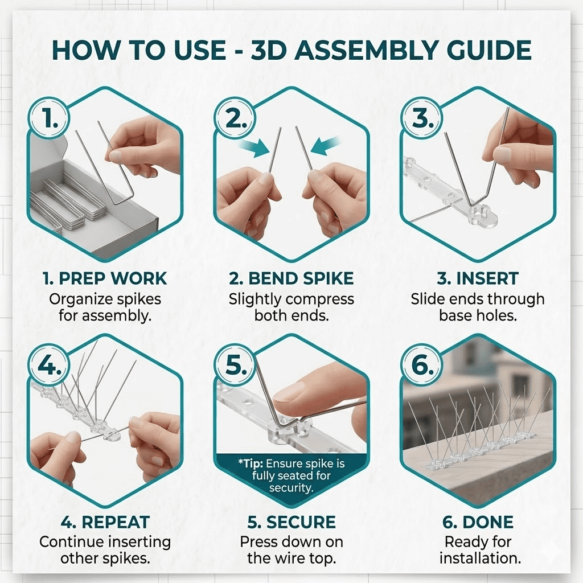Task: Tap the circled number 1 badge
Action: tap(49, 118)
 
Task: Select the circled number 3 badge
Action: tap(422, 118)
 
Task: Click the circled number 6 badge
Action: tap(422, 365)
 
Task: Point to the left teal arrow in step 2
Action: tap(254, 148)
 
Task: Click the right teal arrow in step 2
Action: tap(325, 145)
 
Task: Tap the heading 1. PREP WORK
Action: tap(105, 278)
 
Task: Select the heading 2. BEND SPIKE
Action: tap(291, 278)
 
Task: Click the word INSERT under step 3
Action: tap(487, 278)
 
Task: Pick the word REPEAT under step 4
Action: tap(116, 523)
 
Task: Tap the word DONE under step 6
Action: tap(488, 523)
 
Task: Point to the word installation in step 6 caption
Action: tap(480, 559)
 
